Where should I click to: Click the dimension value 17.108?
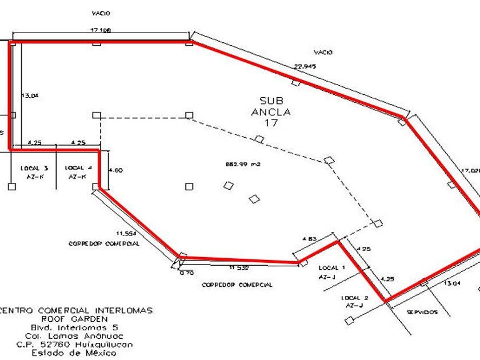click(x=100, y=29)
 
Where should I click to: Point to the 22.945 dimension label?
click(x=305, y=66)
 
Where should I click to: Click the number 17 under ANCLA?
click(x=270, y=122)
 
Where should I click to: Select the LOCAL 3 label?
click(x=38, y=168)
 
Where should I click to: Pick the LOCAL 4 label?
click(x=75, y=168)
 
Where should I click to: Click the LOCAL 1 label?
click(x=331, y=267)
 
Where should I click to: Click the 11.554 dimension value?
click(x=125, y=233)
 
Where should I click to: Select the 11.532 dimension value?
click(x=239, y=267)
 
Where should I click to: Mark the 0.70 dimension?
click(x=187, y=273)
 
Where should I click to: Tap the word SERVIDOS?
click(x=422, y=312)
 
